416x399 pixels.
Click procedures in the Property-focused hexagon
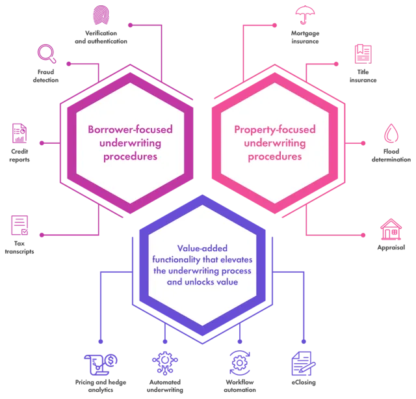(x=267, y=157)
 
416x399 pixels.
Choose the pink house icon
(x=391, y=229)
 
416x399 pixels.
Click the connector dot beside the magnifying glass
(x=66, y=64)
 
